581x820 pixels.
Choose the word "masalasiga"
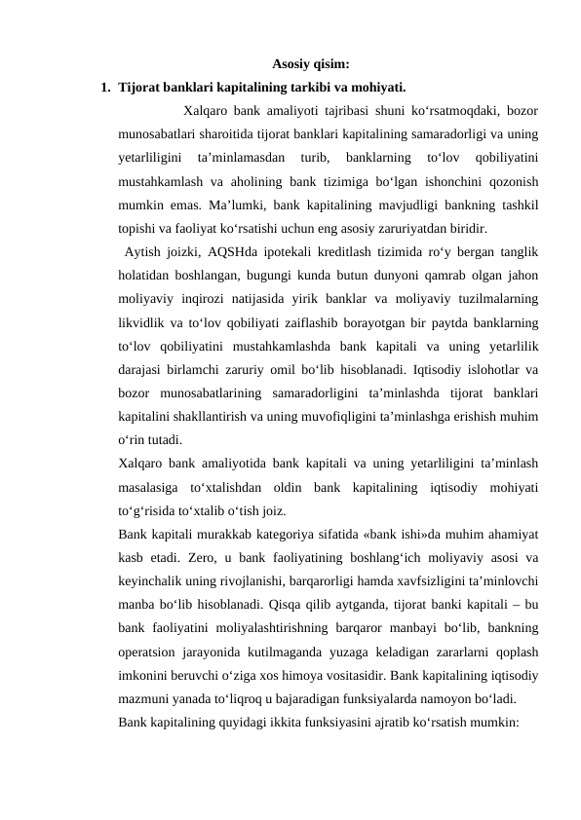tap(147, 486)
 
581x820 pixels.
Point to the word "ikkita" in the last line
tap(294, 724)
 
